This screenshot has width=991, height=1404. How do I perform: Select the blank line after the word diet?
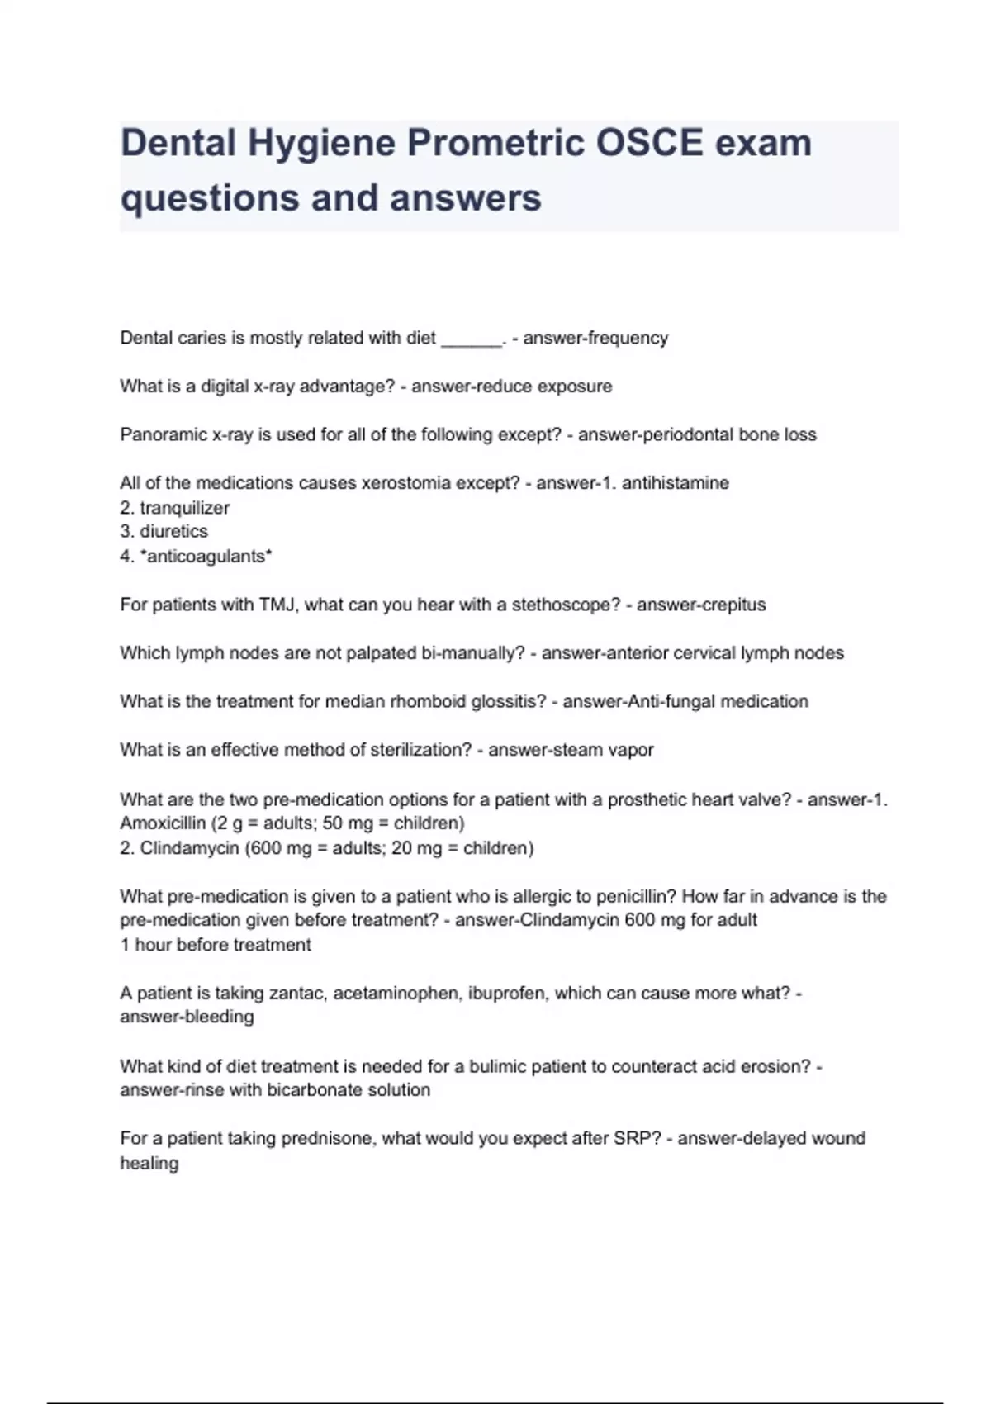pyautogui.click(x=472, y=339)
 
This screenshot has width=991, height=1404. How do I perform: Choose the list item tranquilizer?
pyautogui.click(x=184, y=508)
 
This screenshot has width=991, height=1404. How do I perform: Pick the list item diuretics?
pyautogui.click(x=173, y=531)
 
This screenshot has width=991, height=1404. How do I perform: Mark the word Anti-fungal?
pyautogui.click(x=672, y=701)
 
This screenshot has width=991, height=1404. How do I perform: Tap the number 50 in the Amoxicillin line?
pyautogui.click(x=332, y=823)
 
